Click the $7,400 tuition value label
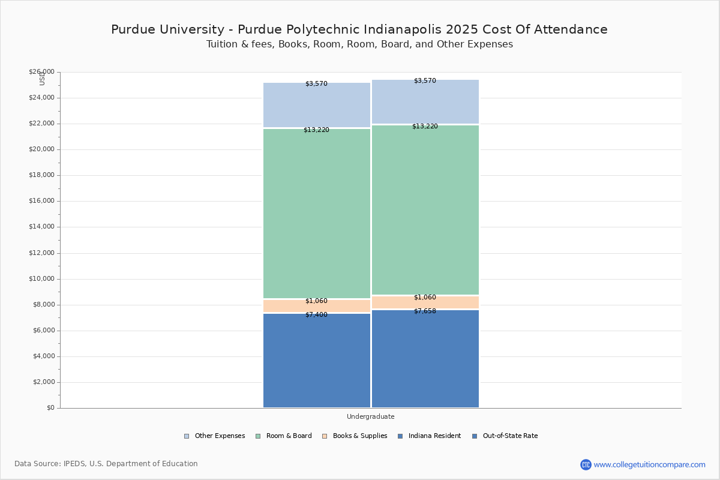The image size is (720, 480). pos(316,315)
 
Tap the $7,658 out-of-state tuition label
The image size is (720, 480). pos(425,311)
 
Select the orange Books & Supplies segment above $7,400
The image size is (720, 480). pos(317,306)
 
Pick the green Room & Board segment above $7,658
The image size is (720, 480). pos(425,209)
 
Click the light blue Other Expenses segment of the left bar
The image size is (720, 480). pos(317,105)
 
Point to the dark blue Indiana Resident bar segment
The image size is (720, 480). pos(317,361)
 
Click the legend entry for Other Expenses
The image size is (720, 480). pos(214,436)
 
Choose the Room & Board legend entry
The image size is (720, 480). pos(283,436)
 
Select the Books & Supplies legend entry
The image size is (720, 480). pos(355,436)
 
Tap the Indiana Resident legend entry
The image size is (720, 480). pos(430,436)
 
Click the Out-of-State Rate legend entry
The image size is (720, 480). pos(505,436)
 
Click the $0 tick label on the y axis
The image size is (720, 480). pos(51,408)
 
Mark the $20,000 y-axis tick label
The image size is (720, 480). pos(41,149)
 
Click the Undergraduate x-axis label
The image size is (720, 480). pos(371,416)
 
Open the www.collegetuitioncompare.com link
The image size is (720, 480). pos(649,465)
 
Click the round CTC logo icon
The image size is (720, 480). pos(586,465)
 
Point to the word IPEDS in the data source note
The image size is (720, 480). pos(74,464)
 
